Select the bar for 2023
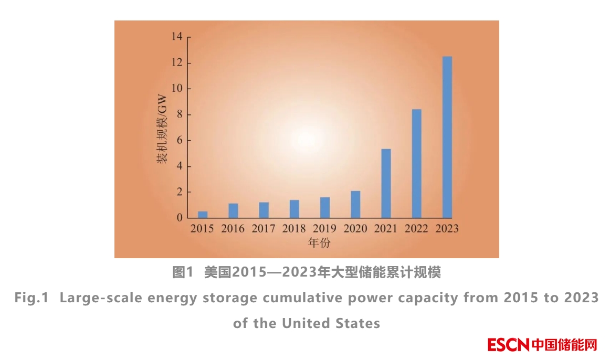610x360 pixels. [447, 137]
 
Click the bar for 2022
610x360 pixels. [416, 164]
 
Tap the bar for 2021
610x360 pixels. [386, 184]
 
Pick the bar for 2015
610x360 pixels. [203, 215]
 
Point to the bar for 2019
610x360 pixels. [325, 208]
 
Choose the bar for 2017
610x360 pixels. [264, 210]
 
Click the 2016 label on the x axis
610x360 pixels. [233, 229]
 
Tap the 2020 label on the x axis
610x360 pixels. [355, 229]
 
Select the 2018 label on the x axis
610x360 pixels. [294, 229]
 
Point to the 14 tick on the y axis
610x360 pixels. [176, 37]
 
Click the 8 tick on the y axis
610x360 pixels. [179, 114]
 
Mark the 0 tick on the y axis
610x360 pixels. [179, 218]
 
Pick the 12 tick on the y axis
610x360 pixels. [176, 63]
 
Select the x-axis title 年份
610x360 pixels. [319, 243]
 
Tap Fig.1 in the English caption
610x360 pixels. [31, 298]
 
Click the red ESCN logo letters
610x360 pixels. [508, 345]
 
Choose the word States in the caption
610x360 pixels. [357, 323]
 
